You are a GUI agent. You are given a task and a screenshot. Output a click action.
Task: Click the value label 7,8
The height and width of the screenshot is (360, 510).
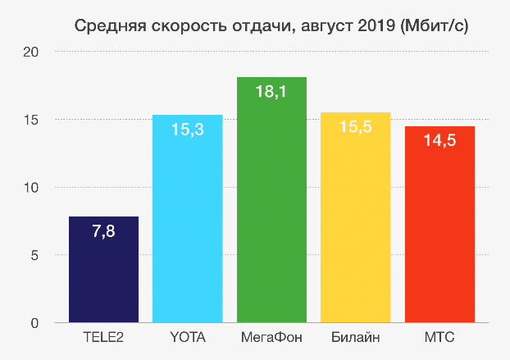103,233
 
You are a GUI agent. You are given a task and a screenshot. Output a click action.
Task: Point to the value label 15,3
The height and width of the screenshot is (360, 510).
188,130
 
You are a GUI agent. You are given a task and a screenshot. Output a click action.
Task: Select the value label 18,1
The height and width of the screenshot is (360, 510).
271,93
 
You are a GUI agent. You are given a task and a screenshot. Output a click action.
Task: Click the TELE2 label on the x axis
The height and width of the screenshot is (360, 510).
103,337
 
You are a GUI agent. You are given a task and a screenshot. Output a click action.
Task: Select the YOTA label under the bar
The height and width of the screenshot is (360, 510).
188,337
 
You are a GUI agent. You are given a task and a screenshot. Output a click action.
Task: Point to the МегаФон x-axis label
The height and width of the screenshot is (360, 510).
271,337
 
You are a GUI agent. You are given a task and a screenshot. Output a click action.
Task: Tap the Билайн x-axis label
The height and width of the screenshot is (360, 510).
355,337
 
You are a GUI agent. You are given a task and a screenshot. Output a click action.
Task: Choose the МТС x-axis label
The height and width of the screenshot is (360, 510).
439,337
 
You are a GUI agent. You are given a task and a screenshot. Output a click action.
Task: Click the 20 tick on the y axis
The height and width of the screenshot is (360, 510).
31,52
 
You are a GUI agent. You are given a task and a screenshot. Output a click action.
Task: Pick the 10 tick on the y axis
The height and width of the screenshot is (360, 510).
31,188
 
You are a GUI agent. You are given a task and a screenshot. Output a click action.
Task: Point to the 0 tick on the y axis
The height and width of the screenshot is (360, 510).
35,323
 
